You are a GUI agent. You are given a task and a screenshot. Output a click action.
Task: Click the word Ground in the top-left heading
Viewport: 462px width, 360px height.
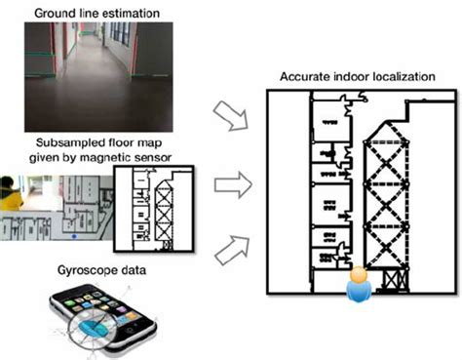point(54,11)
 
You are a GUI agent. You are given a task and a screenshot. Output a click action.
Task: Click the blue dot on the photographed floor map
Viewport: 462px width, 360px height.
point(74,236)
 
